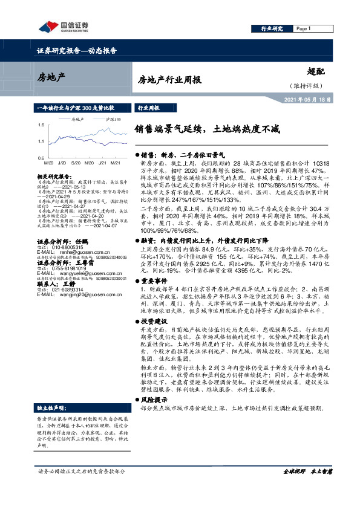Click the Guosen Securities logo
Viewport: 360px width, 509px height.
pyautogui.click(x=64, y=26)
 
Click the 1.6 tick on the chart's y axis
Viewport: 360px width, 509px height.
pyautogui.click(x=41, y=125)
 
